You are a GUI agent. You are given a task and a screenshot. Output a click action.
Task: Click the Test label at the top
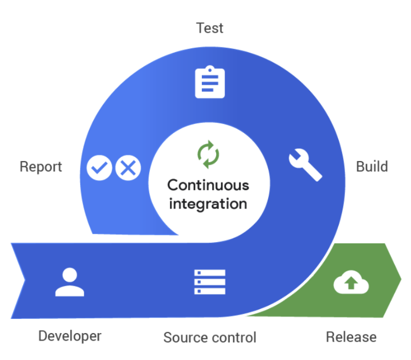[210, 28]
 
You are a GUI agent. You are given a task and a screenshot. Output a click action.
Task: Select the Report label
[41, 167]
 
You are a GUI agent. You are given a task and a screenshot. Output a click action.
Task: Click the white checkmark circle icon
[100, 168]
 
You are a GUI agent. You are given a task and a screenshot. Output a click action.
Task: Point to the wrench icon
[305, 165]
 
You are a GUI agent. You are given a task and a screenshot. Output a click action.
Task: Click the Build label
[371, 167]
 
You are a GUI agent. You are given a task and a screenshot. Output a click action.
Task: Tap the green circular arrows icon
[208, 154]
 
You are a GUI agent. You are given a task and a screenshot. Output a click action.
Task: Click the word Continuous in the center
[208, 185]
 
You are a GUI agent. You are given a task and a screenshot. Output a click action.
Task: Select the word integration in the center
[208, 203]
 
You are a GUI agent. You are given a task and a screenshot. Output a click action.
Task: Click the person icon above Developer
[69, 282]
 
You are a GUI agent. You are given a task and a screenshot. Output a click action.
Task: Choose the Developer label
[70, 336]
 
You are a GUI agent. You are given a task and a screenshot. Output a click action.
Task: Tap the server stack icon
[210, 282]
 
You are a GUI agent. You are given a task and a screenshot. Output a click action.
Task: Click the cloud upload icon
[351, 283]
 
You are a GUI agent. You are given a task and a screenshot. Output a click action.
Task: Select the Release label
[351, 336]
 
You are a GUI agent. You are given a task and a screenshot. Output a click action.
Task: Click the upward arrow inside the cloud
[351, 285]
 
